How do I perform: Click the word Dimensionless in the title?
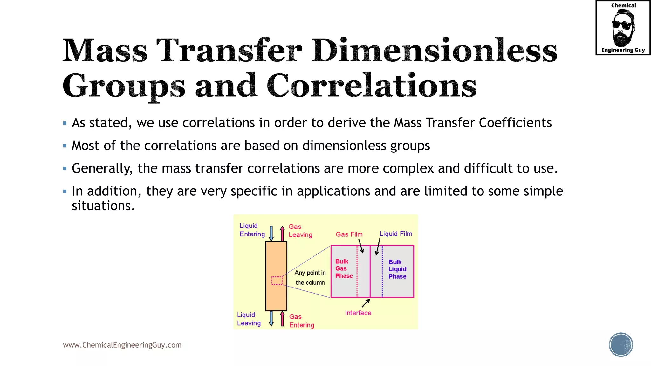point(434,51)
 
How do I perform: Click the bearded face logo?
point(623,28)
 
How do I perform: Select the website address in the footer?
point(122,345)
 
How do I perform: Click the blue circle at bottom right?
point(621,345)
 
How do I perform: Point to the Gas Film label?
point(349,234)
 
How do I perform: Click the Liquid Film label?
point(395,234)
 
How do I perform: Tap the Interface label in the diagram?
point(358,313)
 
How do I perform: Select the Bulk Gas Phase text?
point(344,268)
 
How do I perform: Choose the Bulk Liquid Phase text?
point(397,269)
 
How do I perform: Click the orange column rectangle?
point(276,261)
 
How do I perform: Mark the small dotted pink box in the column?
point(277,281)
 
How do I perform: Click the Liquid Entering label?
point(252,230)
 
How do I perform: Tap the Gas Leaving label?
point(300,231)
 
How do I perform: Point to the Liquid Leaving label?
point(249,319)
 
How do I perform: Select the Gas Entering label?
point(301,321)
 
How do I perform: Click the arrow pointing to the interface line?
point(366,303)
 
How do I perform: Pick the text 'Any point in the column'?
point(310,278)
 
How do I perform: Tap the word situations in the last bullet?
point(103,206)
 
